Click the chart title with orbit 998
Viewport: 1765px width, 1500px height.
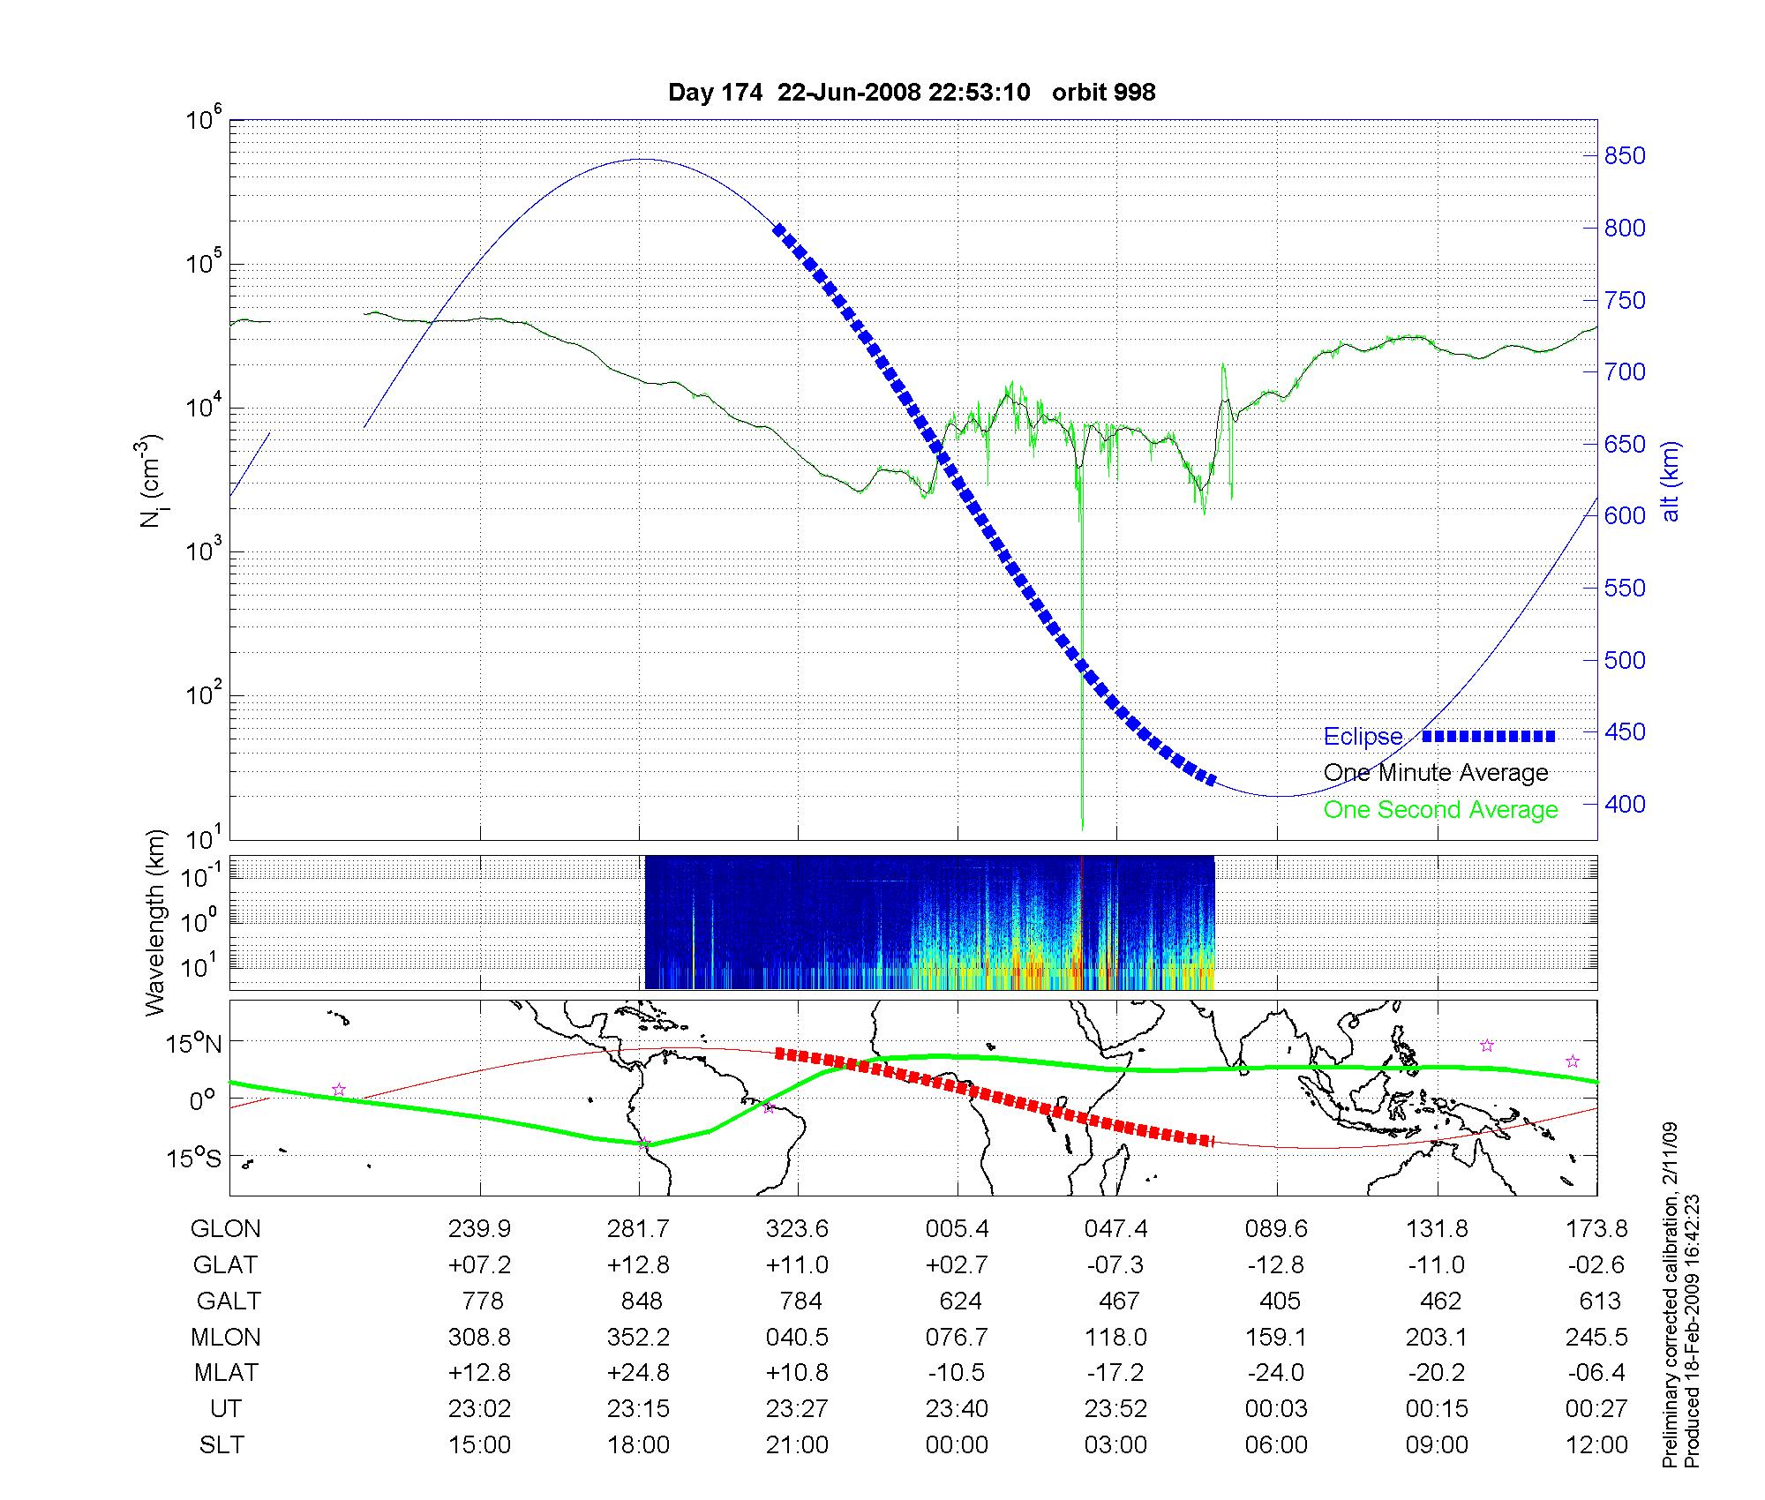pos(912,93)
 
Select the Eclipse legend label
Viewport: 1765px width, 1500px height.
pos(1363,737)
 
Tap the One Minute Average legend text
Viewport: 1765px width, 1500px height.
pos(1436,773)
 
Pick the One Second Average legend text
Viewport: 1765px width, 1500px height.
pos(1440,810)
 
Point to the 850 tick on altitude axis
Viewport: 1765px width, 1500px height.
pos(1625,156)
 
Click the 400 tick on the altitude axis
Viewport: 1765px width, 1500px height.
pos(1625,804)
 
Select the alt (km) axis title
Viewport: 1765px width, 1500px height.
pos(1671,481)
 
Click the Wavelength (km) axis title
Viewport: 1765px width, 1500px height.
pos(155,923)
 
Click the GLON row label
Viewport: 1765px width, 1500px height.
pos(226,1228)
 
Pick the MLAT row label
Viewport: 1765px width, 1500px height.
pos(226,1373)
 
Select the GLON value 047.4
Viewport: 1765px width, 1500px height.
pos(1115,1228)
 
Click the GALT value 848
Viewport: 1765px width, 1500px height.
pos(641,1301)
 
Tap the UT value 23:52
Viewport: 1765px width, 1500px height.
pos(1115,1409)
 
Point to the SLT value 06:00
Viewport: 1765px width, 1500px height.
pos(1276,1445)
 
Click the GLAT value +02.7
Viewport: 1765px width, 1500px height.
pos(957,1265)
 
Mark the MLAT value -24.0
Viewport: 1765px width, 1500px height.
pos(1276,1373)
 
